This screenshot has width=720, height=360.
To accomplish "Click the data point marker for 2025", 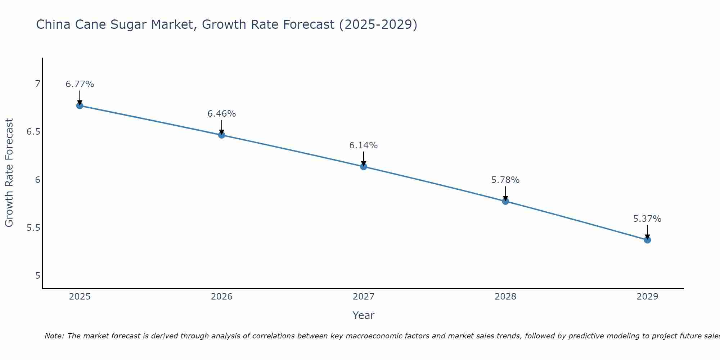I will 80,105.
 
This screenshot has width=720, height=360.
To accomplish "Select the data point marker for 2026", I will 222,135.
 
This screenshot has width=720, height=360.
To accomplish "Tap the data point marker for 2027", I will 364,166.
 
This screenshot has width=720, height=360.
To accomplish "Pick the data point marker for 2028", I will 505,201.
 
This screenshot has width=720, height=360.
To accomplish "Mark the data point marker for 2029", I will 647,240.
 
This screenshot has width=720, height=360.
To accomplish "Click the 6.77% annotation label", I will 80,84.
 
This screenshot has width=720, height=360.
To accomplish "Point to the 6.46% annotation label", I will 222,114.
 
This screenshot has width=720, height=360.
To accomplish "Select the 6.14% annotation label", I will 364,145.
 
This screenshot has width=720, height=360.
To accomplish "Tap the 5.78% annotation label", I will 505,180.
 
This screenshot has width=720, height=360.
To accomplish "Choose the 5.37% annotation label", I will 647,219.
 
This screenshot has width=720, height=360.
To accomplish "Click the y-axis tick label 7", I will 37,84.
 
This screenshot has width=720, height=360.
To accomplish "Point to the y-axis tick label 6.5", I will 33,132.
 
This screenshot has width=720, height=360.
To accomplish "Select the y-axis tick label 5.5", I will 33,228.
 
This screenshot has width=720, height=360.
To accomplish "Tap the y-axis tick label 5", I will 37,276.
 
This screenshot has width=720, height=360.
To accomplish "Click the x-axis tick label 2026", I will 222,297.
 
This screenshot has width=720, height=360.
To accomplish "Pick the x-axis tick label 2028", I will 505,297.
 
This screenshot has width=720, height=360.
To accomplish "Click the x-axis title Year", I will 364,315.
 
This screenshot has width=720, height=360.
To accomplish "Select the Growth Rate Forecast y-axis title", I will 9,173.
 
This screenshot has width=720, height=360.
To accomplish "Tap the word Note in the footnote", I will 54,336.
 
